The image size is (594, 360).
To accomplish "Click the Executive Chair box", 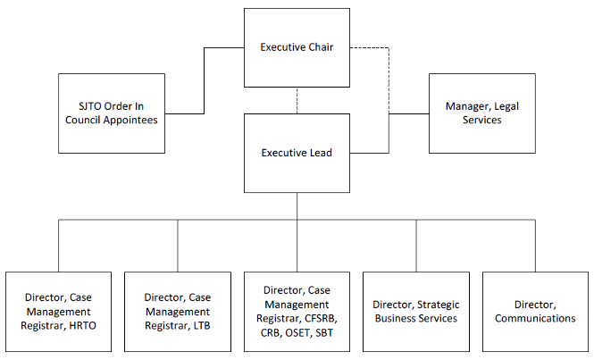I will [297, 46].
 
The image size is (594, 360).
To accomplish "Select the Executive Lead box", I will [297, 153].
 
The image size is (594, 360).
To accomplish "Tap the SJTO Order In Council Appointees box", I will [112, 113].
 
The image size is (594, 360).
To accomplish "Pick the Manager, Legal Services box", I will [482, 113].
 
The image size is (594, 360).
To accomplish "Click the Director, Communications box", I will [535, 311].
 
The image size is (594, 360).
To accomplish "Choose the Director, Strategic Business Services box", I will [416, 311].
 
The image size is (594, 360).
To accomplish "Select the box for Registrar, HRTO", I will [59, 311].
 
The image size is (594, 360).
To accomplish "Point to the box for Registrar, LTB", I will [178, 311].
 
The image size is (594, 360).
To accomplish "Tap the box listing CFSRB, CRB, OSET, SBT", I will [297, 311].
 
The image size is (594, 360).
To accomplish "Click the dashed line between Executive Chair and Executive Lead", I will [297, 100].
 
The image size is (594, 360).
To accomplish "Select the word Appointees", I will [130, 121].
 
